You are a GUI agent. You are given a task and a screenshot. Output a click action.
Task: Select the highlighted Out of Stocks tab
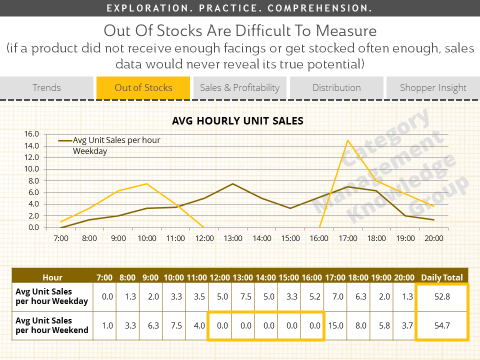point(143,88)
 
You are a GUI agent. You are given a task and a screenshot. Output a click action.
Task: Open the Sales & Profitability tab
point(240,88)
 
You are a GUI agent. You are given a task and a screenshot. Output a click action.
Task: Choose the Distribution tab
point(336,88)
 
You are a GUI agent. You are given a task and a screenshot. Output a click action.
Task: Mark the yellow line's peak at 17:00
point(347,141)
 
